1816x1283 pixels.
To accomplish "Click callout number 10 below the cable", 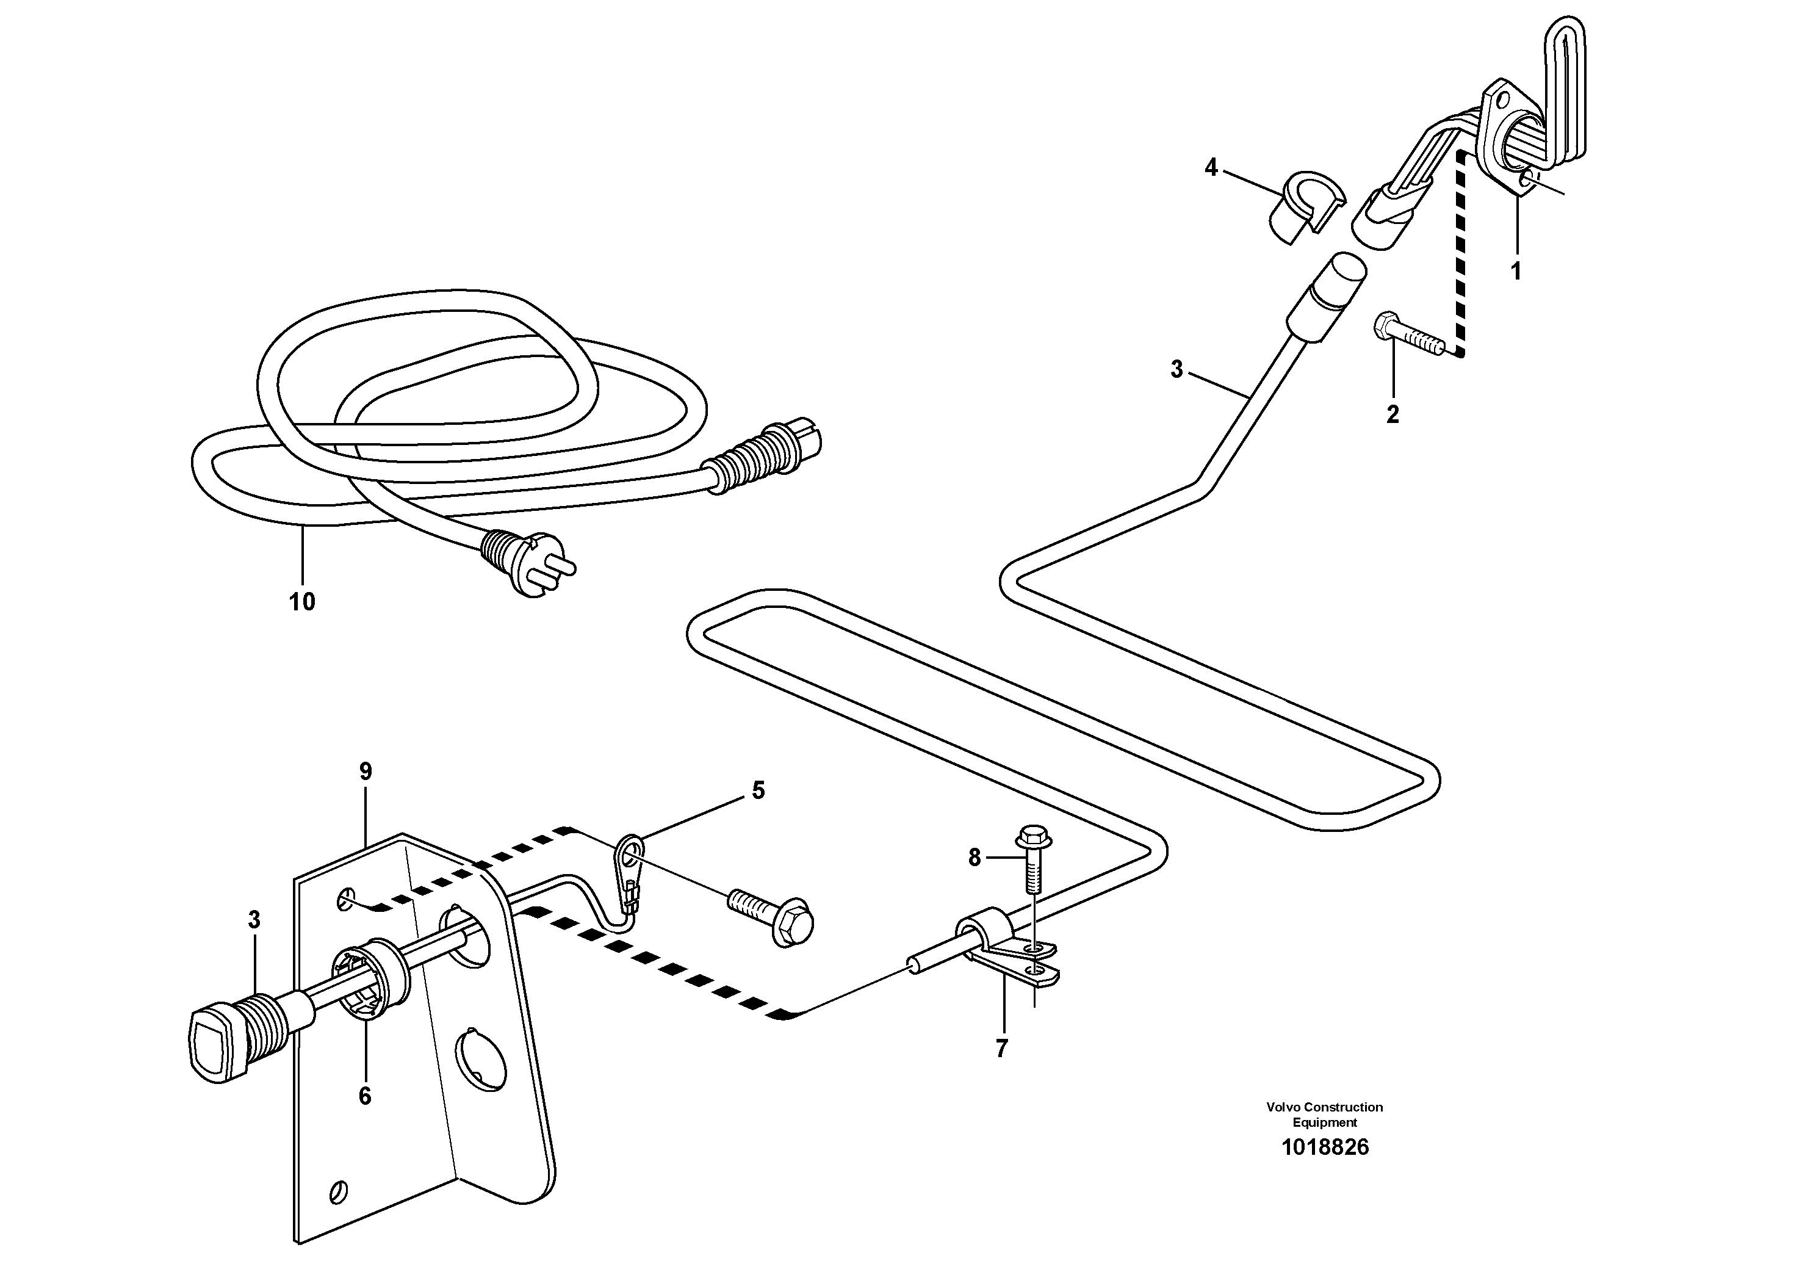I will coord(301,602).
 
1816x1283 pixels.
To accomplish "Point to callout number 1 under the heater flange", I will coord(1515,272).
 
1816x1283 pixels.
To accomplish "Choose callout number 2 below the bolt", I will coord(1392,414).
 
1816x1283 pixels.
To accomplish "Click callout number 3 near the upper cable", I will coord(1176,369).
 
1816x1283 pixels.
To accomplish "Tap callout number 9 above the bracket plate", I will coord(365,772).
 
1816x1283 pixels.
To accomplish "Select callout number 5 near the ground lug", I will coord(758,790).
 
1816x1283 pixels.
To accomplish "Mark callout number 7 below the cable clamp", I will coord(1001,1049).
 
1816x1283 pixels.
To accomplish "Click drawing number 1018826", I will coord(1325,1147).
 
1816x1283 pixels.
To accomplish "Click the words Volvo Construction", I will coord(1324,1107).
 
